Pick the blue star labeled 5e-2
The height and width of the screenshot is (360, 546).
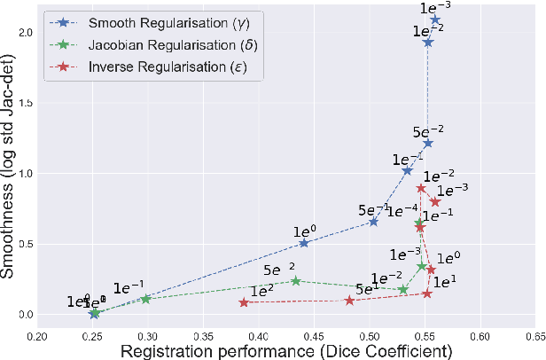click(x=428, y=143)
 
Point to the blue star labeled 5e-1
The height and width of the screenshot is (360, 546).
click(x=373, y=222)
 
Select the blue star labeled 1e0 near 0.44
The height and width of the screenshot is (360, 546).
click(x=304, y=243)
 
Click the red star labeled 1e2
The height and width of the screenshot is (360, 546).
click(x=244, y=302)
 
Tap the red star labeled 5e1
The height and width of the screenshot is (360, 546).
click(x=350, y=301)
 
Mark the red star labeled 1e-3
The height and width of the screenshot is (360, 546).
click(x=435, y=202)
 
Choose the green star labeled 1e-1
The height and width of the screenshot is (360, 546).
click(x=146, y=299)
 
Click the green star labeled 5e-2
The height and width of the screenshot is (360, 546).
click(x=295, y=281)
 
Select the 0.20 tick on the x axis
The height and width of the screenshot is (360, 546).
click(x=36, y=336)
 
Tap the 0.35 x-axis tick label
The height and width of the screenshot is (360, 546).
click(x=203, y=336)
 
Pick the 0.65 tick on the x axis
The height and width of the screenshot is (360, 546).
click(x=534, y=336)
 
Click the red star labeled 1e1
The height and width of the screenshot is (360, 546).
click(x=427, y=293)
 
